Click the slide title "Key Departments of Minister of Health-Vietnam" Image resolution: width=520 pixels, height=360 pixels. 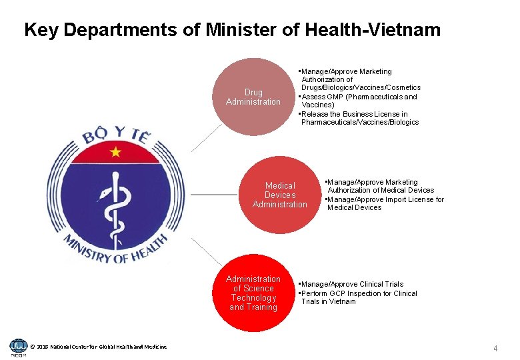coord(232,30)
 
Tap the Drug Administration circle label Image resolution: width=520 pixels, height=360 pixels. coord(253,97)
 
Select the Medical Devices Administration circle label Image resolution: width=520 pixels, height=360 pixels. coord(280,195)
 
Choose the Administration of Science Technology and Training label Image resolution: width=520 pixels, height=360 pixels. coord(253,293)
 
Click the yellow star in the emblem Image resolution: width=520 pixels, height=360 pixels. coord(116,151)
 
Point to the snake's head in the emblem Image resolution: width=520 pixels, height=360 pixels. coord(103,195)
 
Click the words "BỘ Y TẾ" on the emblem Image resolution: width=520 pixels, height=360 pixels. coord(117,138)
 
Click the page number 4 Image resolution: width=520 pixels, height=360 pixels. coord(495,348)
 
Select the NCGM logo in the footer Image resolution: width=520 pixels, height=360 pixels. coord(18,347)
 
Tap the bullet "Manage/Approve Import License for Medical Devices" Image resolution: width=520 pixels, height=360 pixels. coord(385,203)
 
